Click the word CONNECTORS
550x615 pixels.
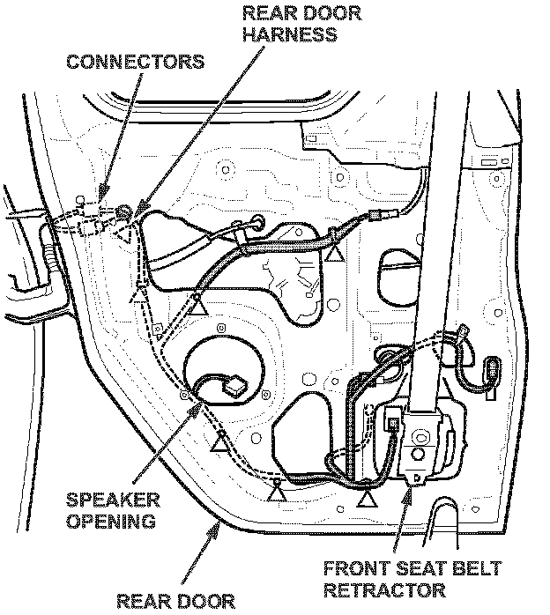coord(134,63)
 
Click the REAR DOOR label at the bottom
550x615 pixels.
coord(175,602)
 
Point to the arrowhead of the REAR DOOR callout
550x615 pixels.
coord(221,522)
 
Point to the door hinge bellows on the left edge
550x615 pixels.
coord(46,256)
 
